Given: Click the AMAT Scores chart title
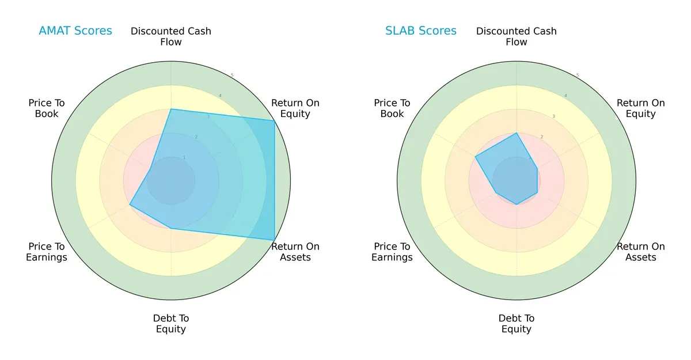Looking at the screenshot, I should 75,31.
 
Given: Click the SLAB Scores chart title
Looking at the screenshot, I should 421,31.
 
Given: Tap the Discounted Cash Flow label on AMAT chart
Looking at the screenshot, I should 171,36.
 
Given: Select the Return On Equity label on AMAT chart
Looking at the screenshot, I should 295,108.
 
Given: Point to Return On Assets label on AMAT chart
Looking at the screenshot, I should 295,252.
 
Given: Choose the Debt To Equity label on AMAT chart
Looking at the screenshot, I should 171,324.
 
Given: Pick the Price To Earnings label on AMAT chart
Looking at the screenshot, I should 47,252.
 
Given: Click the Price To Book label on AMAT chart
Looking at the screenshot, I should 47,108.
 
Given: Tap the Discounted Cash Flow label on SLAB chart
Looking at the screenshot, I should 517,36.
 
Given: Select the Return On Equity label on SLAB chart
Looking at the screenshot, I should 641,108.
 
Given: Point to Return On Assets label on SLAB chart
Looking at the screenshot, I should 641,252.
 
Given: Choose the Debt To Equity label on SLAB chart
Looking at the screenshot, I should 517,324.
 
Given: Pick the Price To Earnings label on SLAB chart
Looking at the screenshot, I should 392,252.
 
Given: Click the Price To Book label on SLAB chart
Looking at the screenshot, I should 392,108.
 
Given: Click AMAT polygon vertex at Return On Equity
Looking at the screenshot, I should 274,120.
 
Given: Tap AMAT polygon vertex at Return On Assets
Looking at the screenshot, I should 274,240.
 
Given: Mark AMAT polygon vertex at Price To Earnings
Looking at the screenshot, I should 130,204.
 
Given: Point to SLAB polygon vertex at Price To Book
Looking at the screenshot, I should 475,156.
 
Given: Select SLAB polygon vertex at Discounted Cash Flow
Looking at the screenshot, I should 517,132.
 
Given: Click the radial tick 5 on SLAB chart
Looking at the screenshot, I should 578,75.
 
